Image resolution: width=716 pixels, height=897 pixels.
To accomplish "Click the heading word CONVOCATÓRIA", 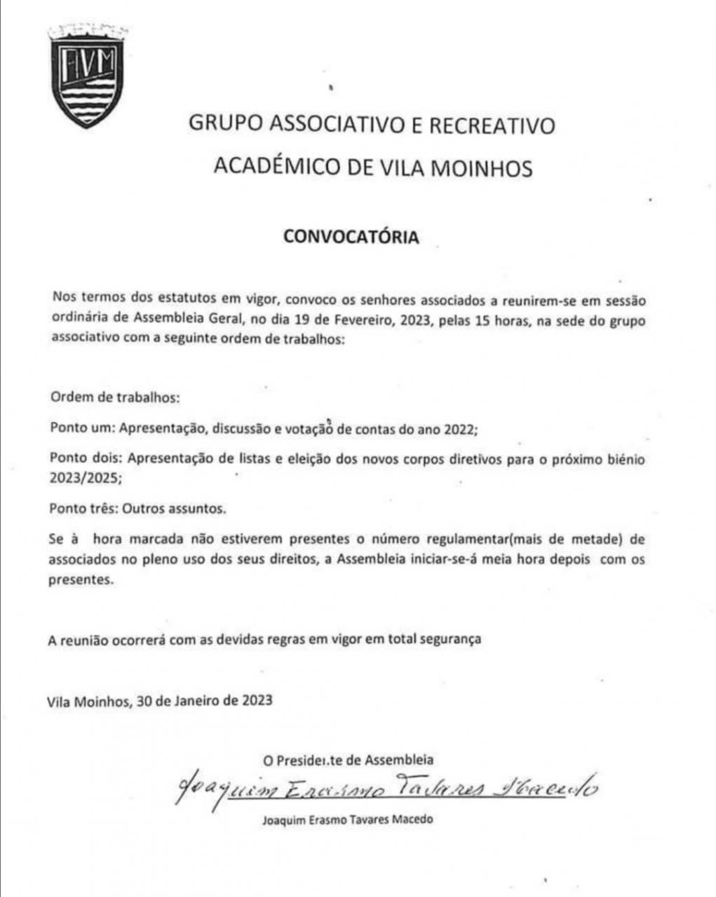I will coord(351,237).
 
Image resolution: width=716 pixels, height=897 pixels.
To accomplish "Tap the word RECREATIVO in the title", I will coord(492,125).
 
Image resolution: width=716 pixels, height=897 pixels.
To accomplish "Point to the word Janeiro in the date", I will coord(192,700).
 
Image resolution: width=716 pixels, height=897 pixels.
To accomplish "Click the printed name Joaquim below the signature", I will coord(283,819).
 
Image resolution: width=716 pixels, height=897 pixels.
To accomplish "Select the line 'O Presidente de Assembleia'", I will coord(348,760).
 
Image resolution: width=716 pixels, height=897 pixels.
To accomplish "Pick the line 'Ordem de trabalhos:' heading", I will coord(116,397).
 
